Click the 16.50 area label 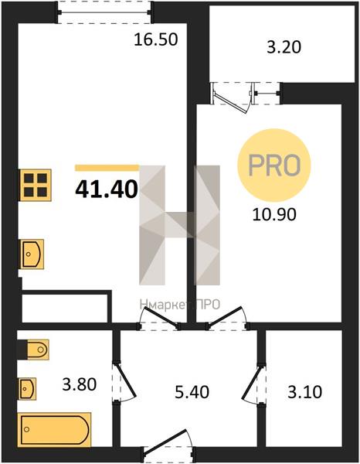coord(156,39)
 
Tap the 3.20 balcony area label coord(284,47)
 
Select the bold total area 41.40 coord(107,189)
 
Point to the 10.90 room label coord(274,214)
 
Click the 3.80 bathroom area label coord(80,384)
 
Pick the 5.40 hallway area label coord(192,392)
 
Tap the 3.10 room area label coord(304,392)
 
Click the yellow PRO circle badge coord(274,165)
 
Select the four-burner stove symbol coord(36,186)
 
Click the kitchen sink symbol coord(32,254)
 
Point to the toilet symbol coord(38,350)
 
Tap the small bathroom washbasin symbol coord(28,388)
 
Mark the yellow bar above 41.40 coord(107,168)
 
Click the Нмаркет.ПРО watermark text coord(180,304)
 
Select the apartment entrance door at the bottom coord(168,447)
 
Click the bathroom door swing coord(124,382)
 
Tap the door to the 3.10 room coord(253,384)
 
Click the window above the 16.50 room coord(104,12)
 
